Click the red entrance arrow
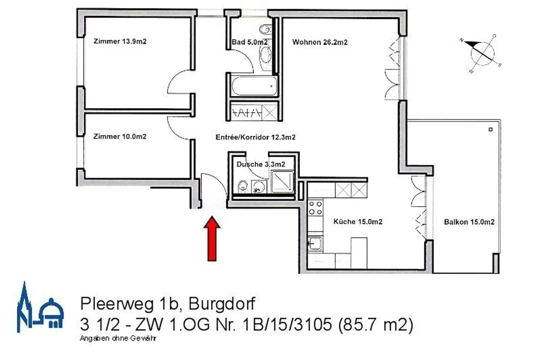[x=212, y=238]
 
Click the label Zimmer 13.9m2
[x=120, y=41]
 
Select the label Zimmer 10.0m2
[x=120, y=136]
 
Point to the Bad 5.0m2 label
[x=249, y=42]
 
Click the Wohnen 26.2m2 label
[x=320, y=42]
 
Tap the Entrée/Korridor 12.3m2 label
[x=255, y=137]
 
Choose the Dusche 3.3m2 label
[x=260, y=164]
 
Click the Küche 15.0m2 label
[x=358, y=221]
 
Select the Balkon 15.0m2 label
[x=469, y=222]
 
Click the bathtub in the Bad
[x=254, y=86]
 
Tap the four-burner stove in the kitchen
[x=315, y=208]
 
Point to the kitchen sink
[x=315, y=244]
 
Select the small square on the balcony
[x=490, y=130]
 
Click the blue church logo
[x=39, y=309]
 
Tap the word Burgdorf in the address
[x=222, y=303]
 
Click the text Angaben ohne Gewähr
[x=118, y=338]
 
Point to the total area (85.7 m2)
[x=376, y=324]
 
